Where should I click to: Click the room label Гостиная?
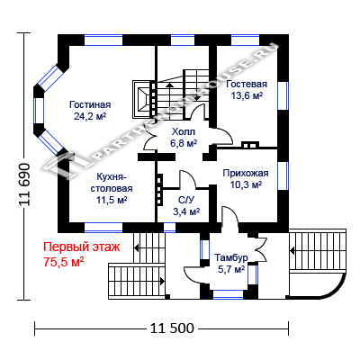tap(90, 104)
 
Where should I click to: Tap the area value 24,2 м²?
tap(90, 116)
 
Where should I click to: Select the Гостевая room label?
tap(247, 84)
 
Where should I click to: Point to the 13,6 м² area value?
tap(247, 95)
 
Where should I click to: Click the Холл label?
tap(184, 131)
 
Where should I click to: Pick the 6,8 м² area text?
tap(184, 143)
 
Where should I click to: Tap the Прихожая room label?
tap(246, 173)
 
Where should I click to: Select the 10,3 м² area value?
tap(246, 184)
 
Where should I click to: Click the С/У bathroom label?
tap(186, 200)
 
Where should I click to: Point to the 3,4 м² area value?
tap(186, 211)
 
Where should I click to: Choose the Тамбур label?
tap(231, 257)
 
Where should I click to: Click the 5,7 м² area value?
tap(231, 269)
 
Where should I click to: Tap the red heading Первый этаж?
tap(82, 247)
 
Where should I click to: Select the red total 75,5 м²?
tap(63, 262)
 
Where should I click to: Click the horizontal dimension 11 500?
tap(172, 328)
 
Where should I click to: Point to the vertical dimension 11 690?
tap(25, 184)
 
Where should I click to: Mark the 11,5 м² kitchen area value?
tap(112, 201)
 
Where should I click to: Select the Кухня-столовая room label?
tap(112, 183)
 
